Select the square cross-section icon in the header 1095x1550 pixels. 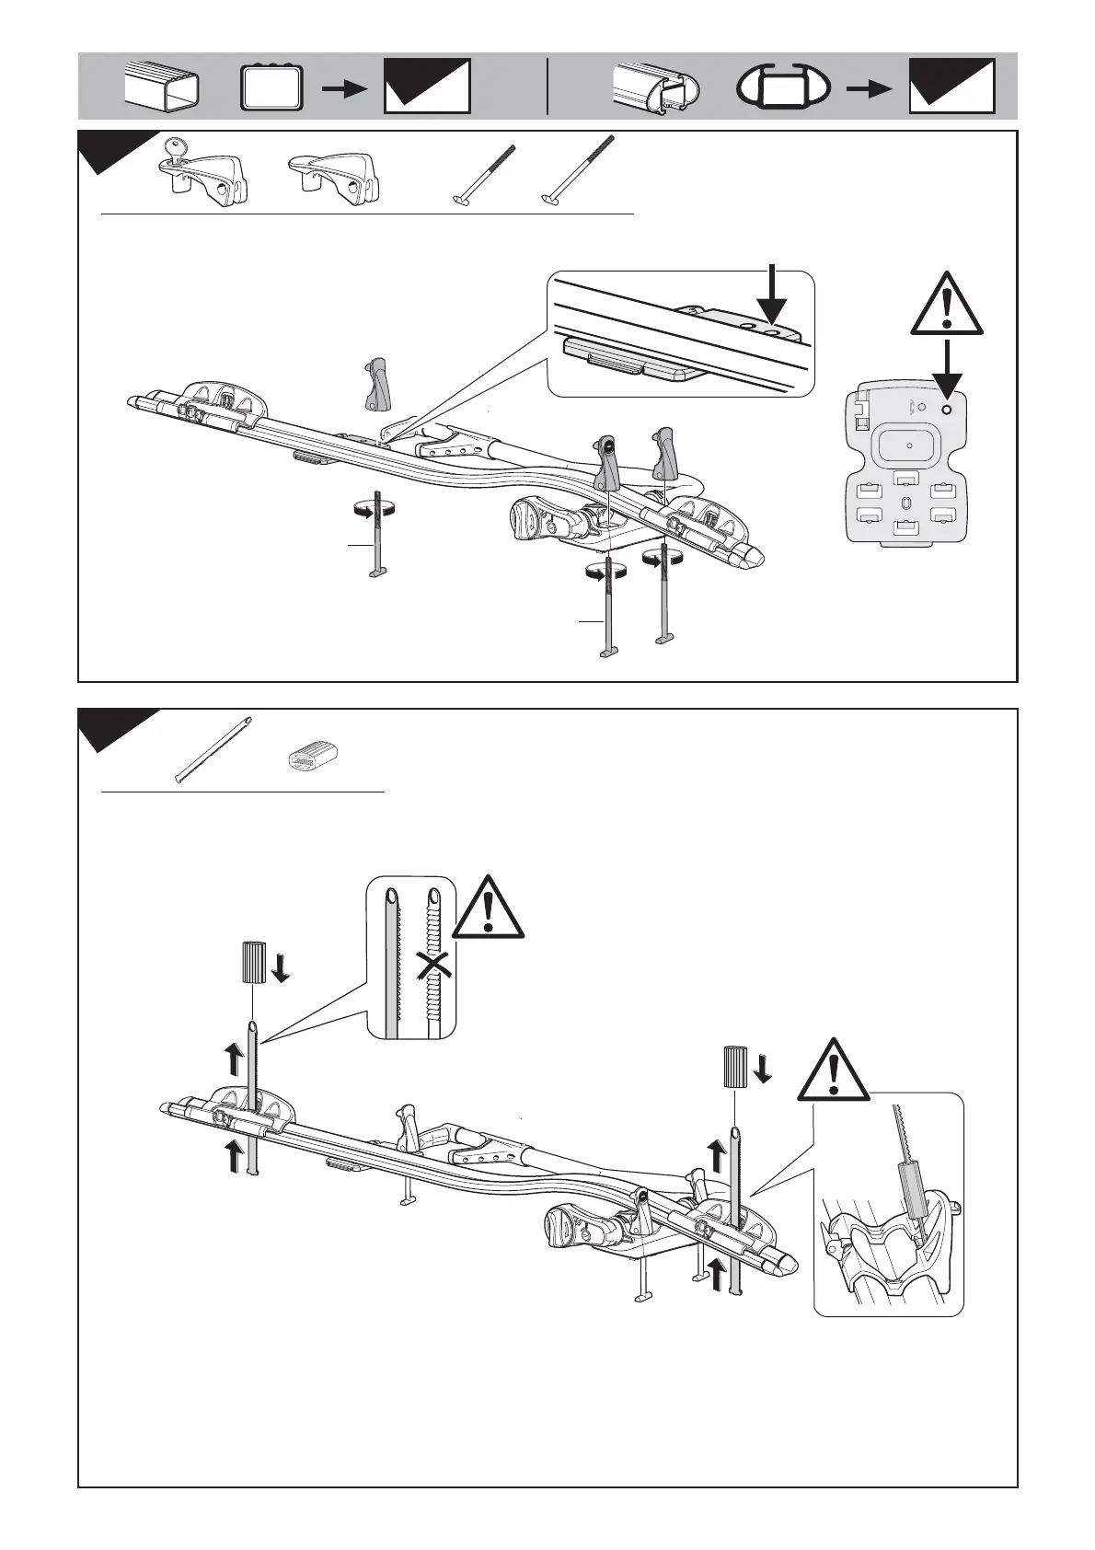pyautogui.click(x=271, y=87)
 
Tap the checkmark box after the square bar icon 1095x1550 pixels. pyautogui.click(x=427, y=87)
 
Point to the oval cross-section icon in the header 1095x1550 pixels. pyautogui.click(x=784, y=87)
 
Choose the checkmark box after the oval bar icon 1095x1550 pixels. pyautogui.click(x=951, y=87)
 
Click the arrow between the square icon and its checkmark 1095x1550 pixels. pyautogui.click(x=345, y=88)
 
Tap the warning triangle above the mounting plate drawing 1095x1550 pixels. pyautogui.click(x=947, y=304)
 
